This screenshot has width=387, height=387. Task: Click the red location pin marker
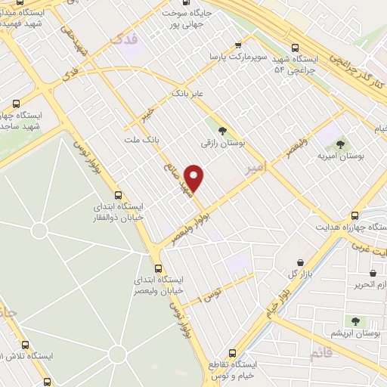click(195, 177)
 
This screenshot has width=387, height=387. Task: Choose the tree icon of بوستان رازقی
click(221, 130)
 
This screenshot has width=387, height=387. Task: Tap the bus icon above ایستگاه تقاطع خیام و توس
click(233, 353)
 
